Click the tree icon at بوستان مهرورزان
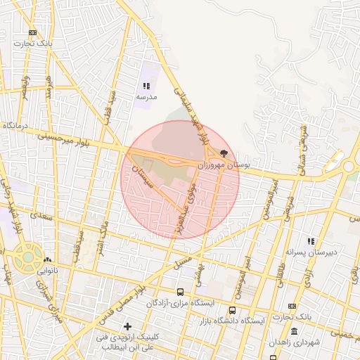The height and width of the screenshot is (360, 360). coord(224,153)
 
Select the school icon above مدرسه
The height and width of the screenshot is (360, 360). coord(146,85)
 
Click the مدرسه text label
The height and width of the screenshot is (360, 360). coord(146,96)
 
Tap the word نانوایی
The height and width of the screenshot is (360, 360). coord(47,270)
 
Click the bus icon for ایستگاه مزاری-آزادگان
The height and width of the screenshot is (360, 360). coord(181,292)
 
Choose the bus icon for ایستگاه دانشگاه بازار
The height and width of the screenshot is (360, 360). coord(232,310)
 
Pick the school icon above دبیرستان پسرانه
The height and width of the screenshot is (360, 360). coord(311,241)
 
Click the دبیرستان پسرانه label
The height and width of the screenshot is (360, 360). coord(311,251)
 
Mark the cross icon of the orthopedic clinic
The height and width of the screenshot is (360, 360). coord(127,326)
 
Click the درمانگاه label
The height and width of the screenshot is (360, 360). coord(18,124)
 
